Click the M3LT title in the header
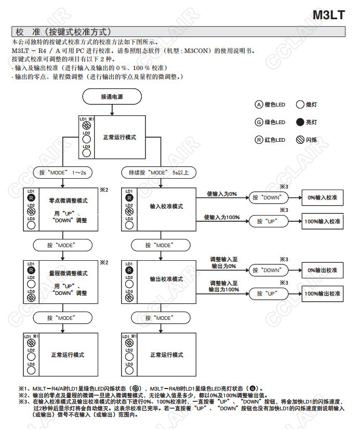[x=329, y=15]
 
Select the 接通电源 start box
[x=113, y=97]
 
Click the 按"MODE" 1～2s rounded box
[x=63, y=172]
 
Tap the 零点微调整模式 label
[x=68, y=200]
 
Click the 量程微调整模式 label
[x=68, y=273]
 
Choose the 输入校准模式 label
[x=166, y=206]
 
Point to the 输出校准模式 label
[x=166, y=279]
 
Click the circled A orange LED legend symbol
[x=259, y=104]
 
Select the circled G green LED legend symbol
[x=259, y=122]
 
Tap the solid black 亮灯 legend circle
[x=300, y=123]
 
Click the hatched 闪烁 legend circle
[x=300, y=140]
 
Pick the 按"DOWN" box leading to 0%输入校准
[x=268, y=198]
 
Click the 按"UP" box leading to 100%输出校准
[x=268, y=293]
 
